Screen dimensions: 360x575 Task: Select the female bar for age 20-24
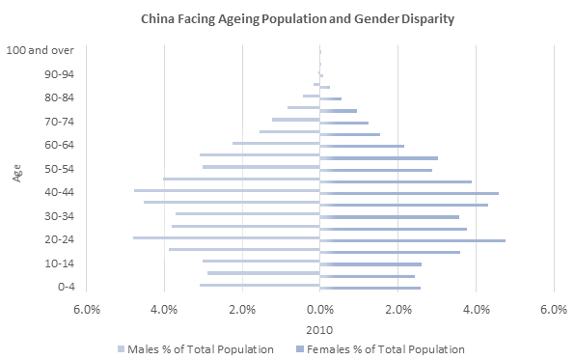click(x=412, y=240)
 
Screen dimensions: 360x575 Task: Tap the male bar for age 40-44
click(x=227, y=190)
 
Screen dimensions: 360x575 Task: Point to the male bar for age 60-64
click(x=276, y=143)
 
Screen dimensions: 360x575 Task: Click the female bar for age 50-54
click(x=375, y=170)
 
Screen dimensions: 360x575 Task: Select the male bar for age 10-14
click(x=260, y=261)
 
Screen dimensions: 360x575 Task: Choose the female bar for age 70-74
click(x=343, y=123)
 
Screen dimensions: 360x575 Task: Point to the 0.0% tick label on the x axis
click(x=319, y=310)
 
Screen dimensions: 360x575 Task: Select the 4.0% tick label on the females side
click(x=475, y=310)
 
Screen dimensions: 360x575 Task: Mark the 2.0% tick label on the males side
click(x=241, y=310)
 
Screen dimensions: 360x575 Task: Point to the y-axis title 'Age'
click(x=17, y=174)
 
